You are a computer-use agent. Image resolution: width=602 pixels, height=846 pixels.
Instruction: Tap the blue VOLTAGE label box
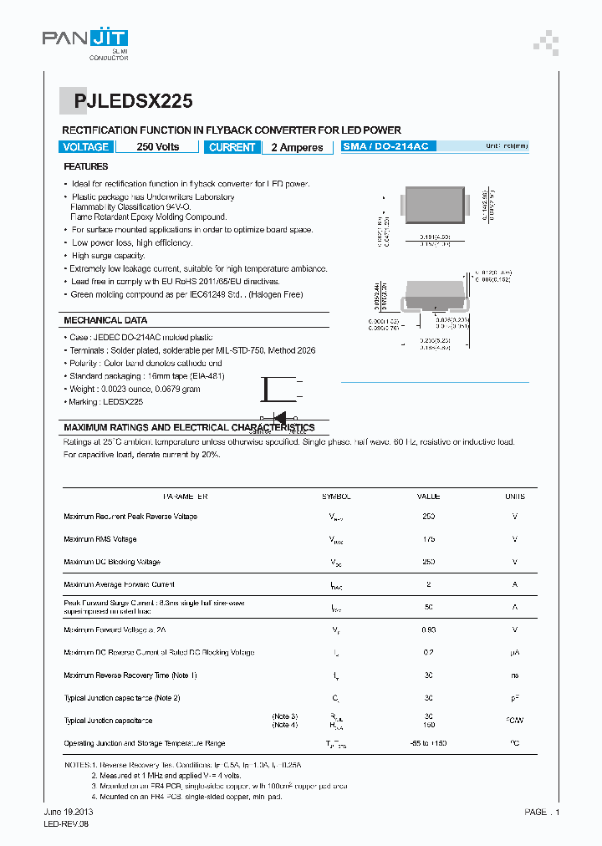85,147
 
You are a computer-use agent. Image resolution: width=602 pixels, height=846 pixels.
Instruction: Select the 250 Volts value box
157,147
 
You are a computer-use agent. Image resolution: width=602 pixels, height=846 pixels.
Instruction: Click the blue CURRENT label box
232,147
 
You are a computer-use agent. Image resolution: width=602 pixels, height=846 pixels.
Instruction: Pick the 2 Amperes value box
297,147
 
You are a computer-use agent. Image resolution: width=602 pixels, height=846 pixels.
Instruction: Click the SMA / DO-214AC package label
385,146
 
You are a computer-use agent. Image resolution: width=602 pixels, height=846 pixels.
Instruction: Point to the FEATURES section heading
86,167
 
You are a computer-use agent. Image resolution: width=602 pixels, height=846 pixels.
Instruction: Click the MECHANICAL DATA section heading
105,320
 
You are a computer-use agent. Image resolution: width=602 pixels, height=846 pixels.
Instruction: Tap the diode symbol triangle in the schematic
281,417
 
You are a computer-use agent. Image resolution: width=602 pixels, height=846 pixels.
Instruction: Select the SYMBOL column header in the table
337,497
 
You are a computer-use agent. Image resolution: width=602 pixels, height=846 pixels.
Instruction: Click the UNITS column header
515,497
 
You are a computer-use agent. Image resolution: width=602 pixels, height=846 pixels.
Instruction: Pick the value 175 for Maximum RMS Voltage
429,539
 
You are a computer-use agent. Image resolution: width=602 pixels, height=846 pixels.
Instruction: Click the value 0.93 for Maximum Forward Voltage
429,629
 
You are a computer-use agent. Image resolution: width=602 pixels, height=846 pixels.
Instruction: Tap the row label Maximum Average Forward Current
119,584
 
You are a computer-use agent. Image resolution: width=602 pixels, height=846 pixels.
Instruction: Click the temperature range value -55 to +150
429,743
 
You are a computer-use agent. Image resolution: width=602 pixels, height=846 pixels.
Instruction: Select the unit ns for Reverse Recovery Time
515,675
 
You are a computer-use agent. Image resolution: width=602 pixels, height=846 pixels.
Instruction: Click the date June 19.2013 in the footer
68,812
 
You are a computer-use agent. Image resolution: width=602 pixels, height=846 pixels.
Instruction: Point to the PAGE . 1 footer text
542,812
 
